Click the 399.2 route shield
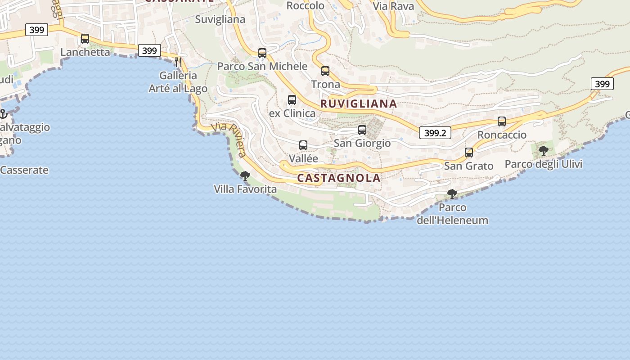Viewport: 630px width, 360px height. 435,133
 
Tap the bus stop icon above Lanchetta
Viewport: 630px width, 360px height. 85,39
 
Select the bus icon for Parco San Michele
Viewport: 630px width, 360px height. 262,53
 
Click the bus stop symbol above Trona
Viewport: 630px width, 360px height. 325,71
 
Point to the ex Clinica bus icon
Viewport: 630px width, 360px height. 292,100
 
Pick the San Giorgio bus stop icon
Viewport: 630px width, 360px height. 362,130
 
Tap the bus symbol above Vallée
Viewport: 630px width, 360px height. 303,145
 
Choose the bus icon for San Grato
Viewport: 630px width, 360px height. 469,153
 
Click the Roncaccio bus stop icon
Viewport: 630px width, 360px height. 502,121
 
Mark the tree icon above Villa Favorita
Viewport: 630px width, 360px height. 245,175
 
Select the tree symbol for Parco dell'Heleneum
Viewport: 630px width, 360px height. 452,194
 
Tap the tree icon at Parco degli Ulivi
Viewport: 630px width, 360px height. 544,151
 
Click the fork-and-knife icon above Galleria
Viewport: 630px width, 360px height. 179,62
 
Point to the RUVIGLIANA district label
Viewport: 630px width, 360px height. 359,104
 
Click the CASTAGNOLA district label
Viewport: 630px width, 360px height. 339,178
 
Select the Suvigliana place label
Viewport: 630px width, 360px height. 220,19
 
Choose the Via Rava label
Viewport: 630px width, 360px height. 393,6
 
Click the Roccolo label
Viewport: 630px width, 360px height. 306,6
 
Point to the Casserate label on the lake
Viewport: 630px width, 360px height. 24,170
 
